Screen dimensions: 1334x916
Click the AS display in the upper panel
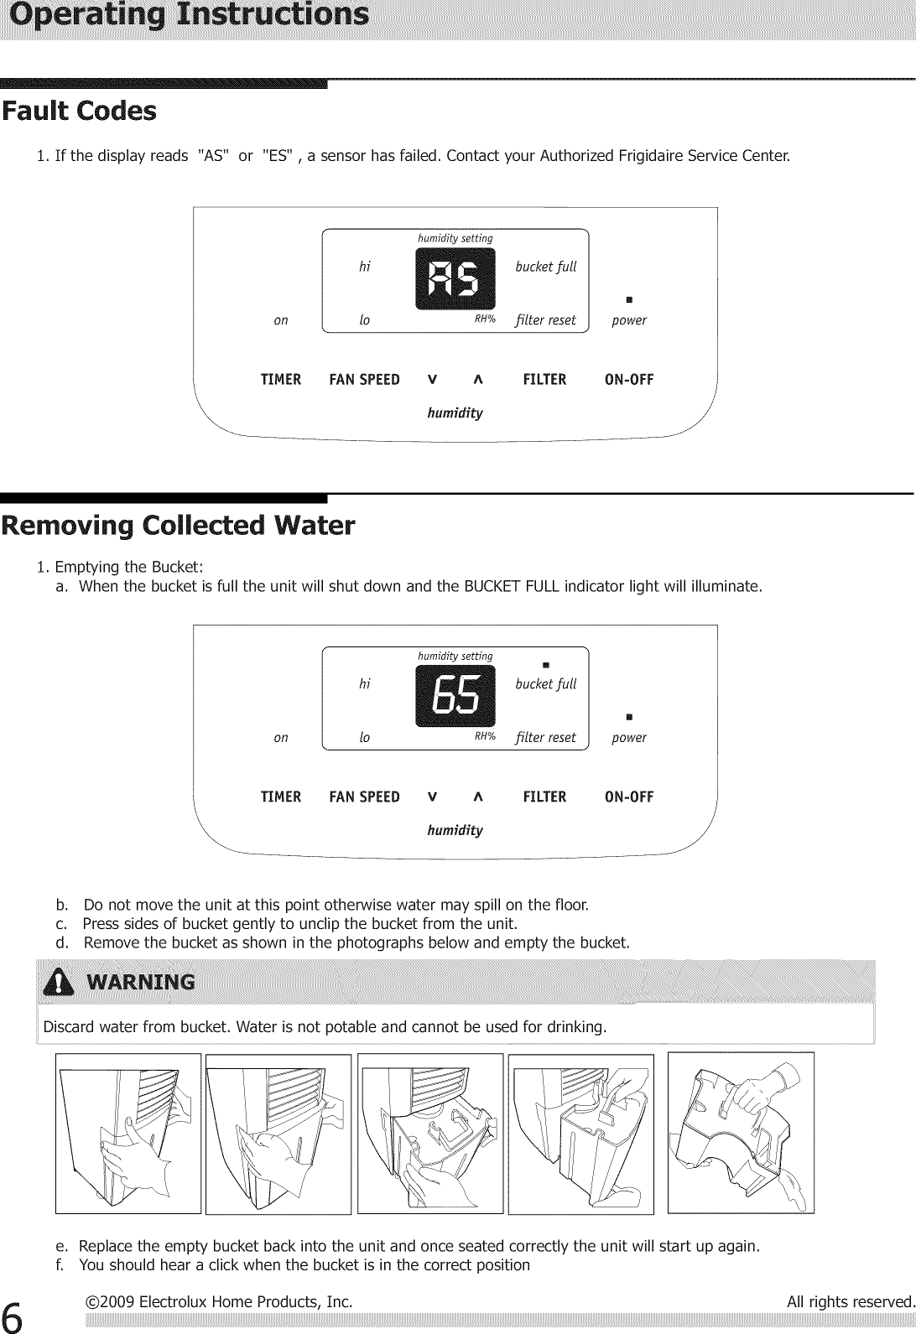point(455,278)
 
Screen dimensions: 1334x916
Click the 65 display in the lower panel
point(455,697)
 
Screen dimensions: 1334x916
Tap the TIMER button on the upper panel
point(281,380)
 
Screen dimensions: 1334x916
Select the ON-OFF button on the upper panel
point(629,380)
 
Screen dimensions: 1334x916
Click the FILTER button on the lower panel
point(544,797)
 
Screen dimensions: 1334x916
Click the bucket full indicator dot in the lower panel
point(545,666)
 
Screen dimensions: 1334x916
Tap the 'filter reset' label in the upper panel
point(546,320)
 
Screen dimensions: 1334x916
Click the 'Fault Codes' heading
point(79,112)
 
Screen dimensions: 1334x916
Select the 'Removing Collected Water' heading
point(178,527)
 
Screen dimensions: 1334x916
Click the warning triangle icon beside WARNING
point(60,982)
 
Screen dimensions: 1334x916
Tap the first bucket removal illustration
point(128,1133)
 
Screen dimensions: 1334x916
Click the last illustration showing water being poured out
point(741,1132)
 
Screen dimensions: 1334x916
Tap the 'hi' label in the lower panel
point(364,684)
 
